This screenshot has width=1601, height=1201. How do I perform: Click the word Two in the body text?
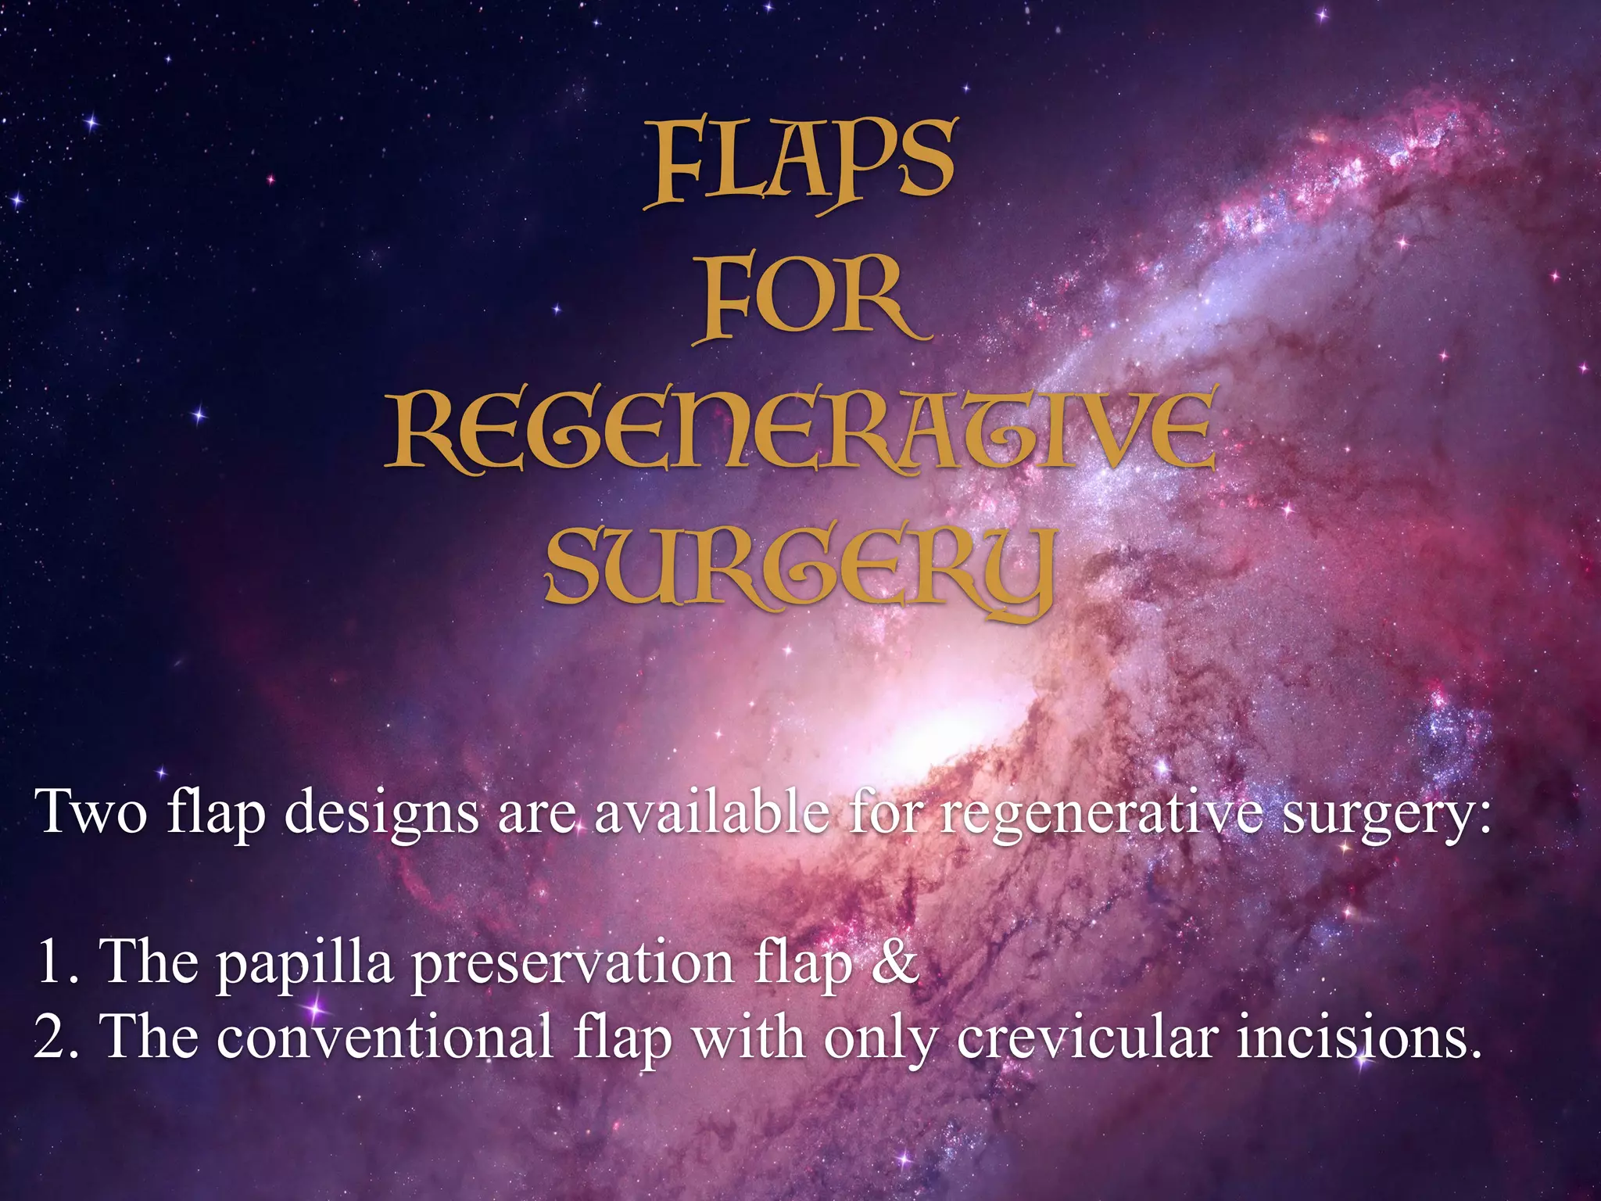click(91, 812)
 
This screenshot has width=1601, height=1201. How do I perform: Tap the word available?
click(710, 812)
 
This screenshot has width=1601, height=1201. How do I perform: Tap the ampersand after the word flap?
click(894, 962)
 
